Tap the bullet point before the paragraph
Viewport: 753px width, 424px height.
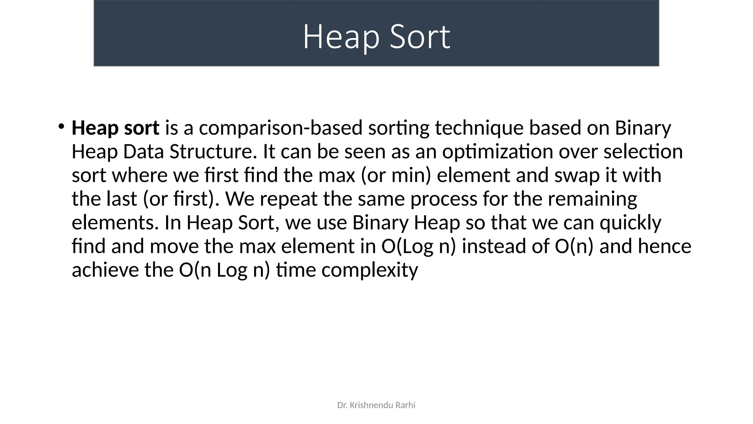pos(61,127)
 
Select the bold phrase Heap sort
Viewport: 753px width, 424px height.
pos(115,128)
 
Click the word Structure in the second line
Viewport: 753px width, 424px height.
pos(213,152)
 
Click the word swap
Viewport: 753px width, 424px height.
pos(577,176)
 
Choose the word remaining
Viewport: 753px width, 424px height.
pos(592,199)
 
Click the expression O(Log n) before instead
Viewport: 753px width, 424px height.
pos(418,246)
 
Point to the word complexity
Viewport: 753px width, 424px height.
pos(370,271)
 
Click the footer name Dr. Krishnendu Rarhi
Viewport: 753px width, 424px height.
pos(376,405)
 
